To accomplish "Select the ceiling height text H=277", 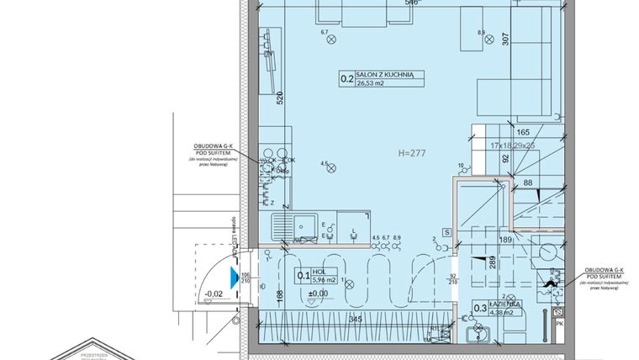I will click(415, 154).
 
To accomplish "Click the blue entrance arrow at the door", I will click(234, 274).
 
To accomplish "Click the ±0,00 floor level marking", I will click(318, 293).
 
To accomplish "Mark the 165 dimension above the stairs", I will click(522, 132).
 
